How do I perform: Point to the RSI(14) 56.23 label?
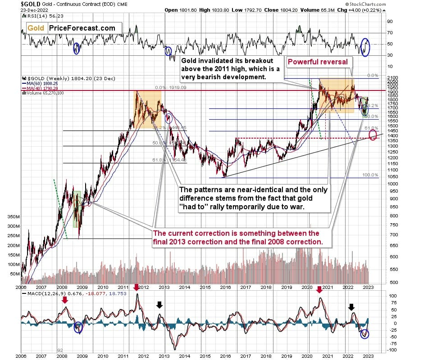point(40,16)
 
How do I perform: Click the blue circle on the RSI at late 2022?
point(365,48)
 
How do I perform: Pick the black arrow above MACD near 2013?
point(159,305)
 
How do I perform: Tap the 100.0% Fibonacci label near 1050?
point(369,175)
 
